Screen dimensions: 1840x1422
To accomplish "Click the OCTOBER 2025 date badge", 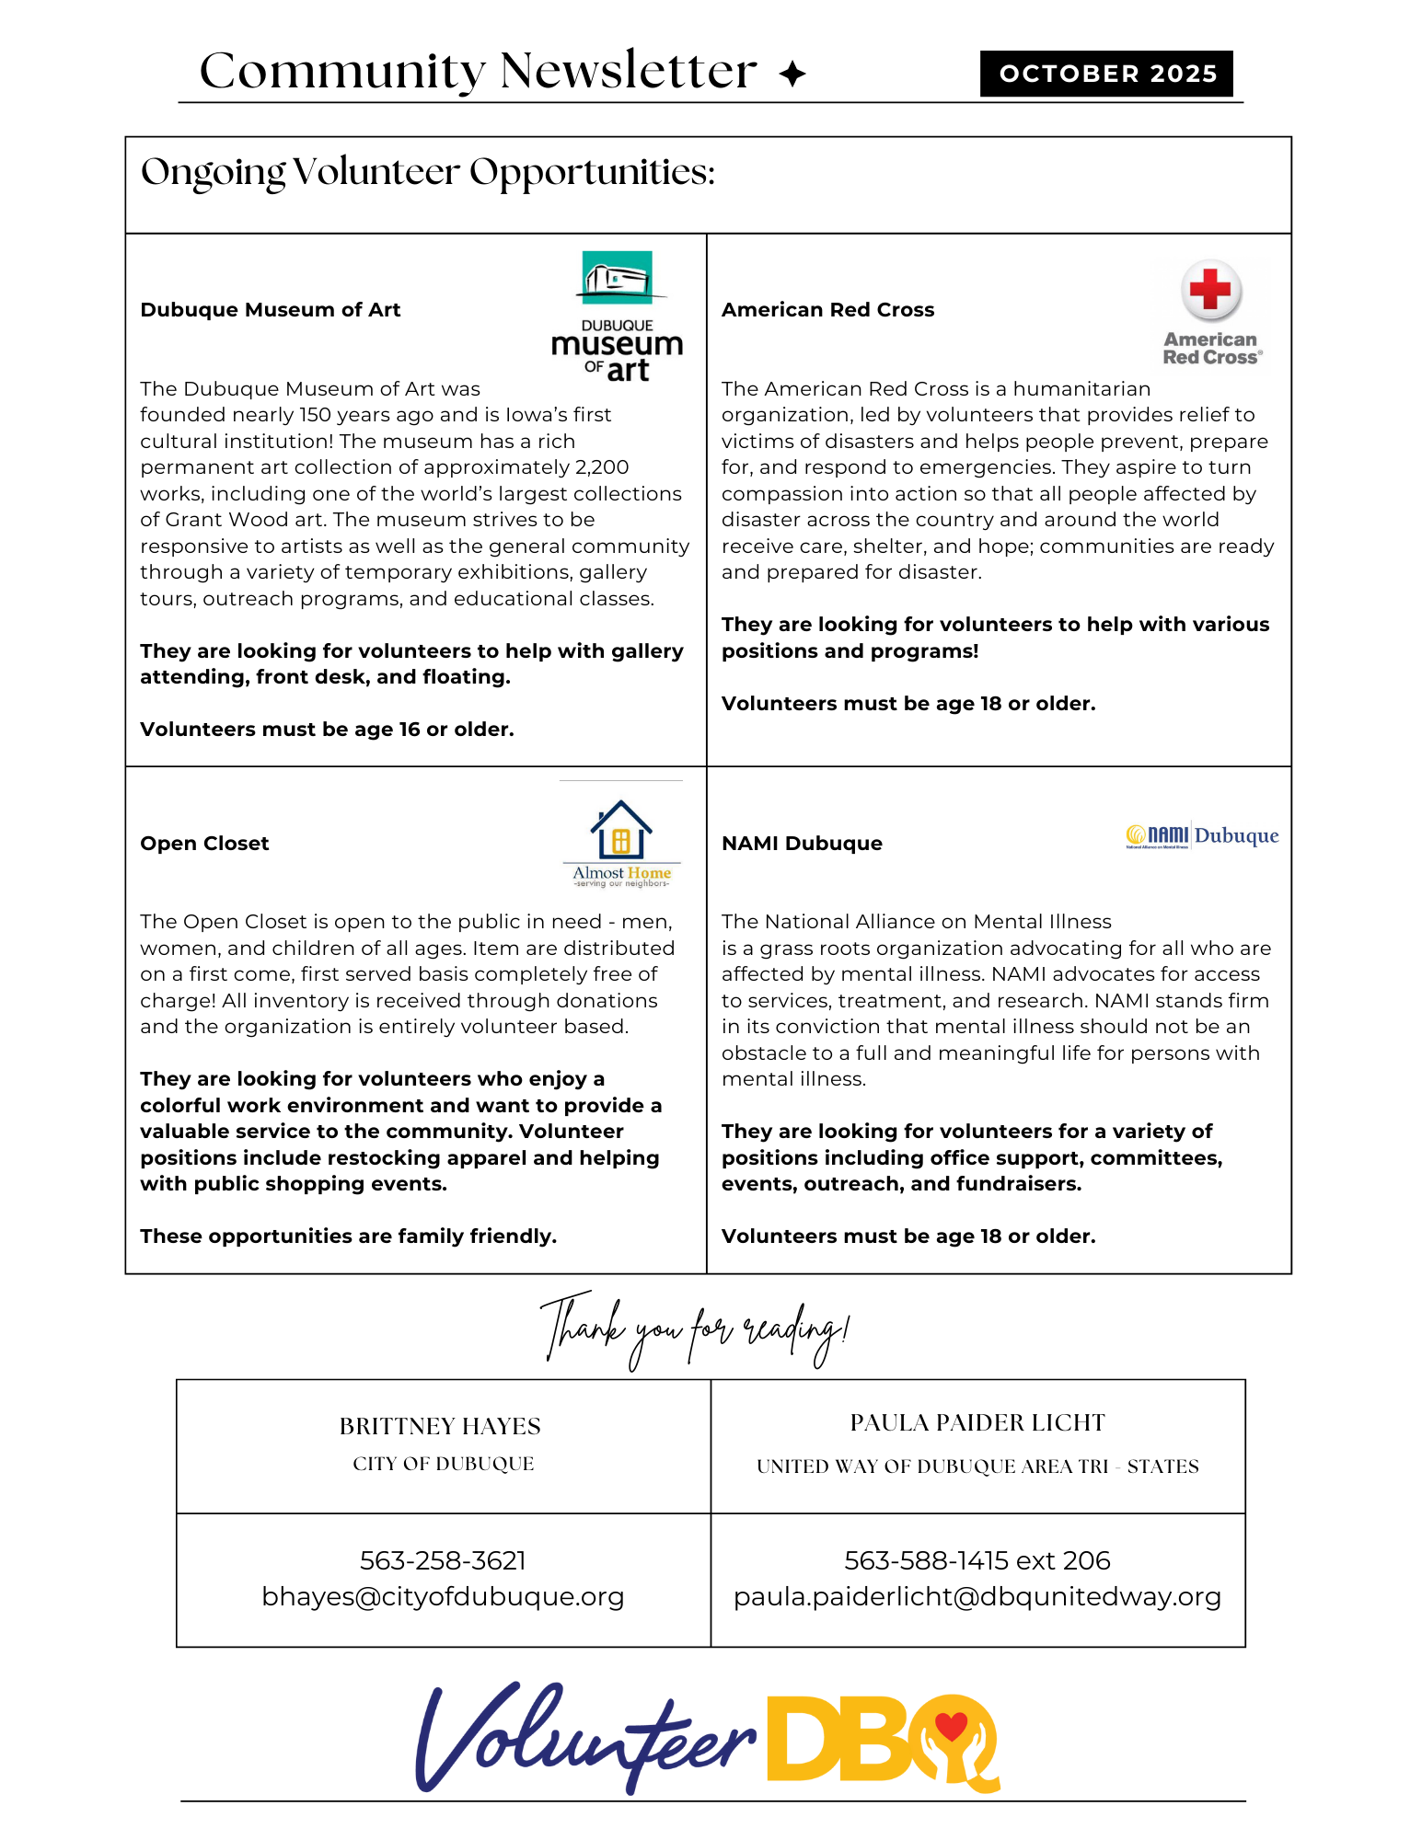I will point(1106,74).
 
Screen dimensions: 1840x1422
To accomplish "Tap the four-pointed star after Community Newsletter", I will point(792,74).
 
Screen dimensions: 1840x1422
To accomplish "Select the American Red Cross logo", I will point(1211,314).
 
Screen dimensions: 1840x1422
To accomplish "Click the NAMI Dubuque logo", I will point(1202,835).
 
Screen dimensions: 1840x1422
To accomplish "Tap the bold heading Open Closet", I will point(204,844).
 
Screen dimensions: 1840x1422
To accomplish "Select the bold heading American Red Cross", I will point(827,310).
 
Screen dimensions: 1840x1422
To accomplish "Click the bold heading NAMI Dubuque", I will point(802,844).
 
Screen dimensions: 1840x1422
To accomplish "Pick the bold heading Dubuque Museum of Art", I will point(270,310).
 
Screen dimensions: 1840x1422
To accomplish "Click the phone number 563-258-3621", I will point(443,1560).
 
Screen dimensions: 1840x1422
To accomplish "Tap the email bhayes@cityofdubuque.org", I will point(443,1596).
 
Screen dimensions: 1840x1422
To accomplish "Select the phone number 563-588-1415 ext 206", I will point(977,1560).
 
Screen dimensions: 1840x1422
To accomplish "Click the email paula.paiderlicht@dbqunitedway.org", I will point(977,1596).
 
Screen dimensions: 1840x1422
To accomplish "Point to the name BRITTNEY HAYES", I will point(440,1426).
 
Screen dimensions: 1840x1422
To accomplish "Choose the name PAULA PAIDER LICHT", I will point(977,1422).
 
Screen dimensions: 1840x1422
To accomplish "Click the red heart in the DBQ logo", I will point(951,1726).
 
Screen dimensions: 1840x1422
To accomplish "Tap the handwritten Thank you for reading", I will point(694,1330).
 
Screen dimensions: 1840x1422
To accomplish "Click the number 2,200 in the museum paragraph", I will point(600,467).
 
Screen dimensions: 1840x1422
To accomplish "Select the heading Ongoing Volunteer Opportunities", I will point(428,173).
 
